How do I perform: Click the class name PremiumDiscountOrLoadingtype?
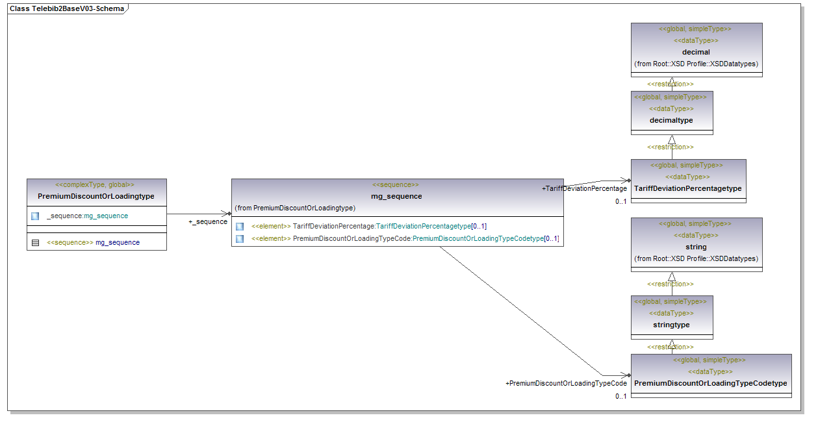[96, 196]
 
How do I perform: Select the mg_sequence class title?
[396, 196]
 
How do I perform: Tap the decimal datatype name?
[696, 52]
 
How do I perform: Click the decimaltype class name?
[671, 120]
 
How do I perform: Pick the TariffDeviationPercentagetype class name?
[688, 188]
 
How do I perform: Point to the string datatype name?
[696, 247]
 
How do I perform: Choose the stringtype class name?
[671, 325]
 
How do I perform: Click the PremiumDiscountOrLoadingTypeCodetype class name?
[710, 383]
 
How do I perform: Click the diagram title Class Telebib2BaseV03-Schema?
[66, 9]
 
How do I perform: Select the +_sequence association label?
[208, 222]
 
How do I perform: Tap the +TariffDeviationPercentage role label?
[584, 188]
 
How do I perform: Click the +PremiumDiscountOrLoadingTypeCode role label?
[566, 383]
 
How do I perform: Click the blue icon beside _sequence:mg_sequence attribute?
[35, 216]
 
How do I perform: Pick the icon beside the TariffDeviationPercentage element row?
[240, 227]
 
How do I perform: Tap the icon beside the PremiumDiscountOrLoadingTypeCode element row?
[240, 239]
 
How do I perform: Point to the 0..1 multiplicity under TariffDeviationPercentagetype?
[621, 201]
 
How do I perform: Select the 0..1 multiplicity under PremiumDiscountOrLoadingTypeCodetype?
[621, 396]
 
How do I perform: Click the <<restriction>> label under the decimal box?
[670, 84]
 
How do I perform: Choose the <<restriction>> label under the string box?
[670, 284]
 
